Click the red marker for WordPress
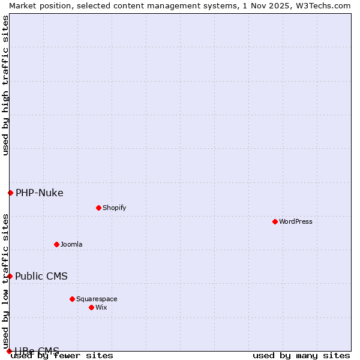[275, 221]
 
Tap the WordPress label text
[296, 221]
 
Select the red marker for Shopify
[98, 208]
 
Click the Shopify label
[114, 208]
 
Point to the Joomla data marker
[56, 244]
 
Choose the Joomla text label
[71, 244]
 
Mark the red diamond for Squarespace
[72, 299]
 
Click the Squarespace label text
[97, 299]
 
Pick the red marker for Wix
[91, 307]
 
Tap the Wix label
[101, 307]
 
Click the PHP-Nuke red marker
[10, 193]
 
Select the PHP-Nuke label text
[40, 193]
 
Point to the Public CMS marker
[10, 276]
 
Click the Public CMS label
[41, 276]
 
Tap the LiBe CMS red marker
[9, 351]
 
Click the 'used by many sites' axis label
[301, 356]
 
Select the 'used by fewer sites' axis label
[62, 356]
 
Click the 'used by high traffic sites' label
[5, 85]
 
